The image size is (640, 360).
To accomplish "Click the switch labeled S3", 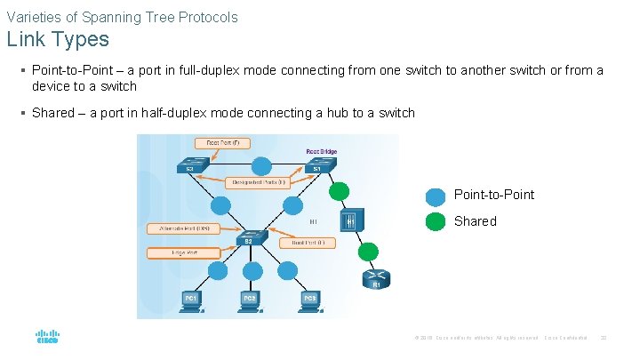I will (x=191, y=165).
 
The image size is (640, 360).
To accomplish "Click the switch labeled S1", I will (x=315, y=165).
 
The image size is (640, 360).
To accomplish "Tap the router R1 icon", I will (x=375, y=279).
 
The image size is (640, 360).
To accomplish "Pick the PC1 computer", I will (x=190, y=300).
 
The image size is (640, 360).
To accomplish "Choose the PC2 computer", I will (x=251, y=300).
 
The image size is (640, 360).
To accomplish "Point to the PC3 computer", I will (x=310, y=300).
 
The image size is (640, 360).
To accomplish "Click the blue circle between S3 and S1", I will (x=260, y=166).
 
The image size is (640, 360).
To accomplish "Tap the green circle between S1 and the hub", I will (x=339, y=191).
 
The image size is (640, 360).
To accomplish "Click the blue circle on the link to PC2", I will (x=252, y=271).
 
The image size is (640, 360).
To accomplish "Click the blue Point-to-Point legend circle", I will (x=436, y=196).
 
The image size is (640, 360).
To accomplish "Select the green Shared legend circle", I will (x=436, y=221).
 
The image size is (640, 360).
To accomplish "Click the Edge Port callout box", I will (x=184, y=253).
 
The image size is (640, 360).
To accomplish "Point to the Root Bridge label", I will (x=321, y=151).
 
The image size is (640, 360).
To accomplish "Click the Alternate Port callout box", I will (x=184, y=228).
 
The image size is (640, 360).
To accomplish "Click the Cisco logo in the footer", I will (x=47, y=338).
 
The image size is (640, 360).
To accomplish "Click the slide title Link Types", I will (x=58, y=39).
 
